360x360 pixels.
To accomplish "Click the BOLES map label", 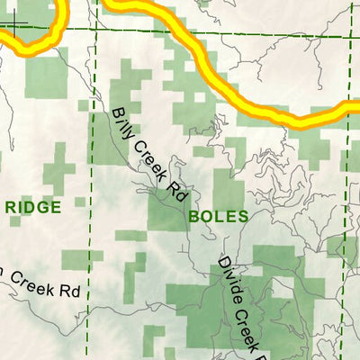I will tap(213, 217).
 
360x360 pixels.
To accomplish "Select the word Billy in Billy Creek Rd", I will tap(124, 124).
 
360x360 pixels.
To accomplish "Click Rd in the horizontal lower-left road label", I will tap(66, 292).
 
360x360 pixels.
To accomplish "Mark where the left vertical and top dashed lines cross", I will tap(94, 29).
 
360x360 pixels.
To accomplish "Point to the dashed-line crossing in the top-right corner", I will tap(351, 36).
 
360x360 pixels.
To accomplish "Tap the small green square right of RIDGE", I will tap(80, 202).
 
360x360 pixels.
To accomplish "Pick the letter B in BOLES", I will tap(193, 217).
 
